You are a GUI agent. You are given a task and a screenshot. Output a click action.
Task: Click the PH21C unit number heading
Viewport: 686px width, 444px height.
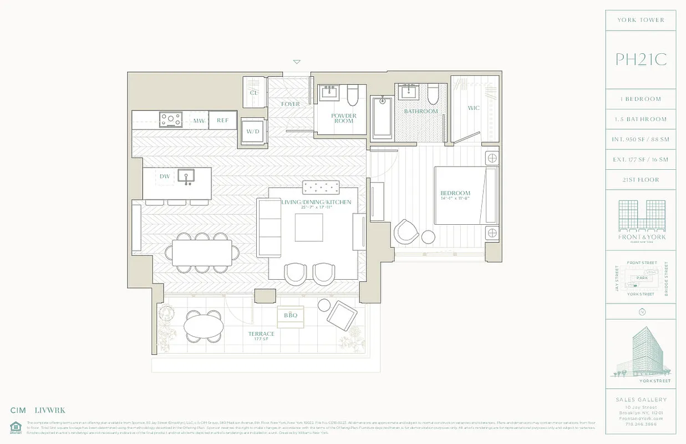641,59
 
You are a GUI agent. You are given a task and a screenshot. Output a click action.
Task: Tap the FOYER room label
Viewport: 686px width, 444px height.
290,104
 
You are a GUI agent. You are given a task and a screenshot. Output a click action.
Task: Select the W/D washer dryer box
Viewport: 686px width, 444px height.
252,132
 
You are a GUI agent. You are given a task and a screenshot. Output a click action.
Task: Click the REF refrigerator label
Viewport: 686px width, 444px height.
222,120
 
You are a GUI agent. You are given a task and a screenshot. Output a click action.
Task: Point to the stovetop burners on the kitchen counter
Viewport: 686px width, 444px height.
171,119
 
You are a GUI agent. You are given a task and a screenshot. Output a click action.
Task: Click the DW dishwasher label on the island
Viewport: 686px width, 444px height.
165,176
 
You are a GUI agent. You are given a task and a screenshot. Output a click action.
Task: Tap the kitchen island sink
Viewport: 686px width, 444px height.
186,176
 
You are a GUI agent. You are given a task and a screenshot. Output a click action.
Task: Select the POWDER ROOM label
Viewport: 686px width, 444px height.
343,119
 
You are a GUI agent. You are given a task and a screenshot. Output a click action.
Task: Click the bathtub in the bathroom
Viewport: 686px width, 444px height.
382,118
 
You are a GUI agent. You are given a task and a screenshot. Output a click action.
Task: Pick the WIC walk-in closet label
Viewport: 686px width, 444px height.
474,108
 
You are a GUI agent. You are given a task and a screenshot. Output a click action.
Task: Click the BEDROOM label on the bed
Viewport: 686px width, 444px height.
455,194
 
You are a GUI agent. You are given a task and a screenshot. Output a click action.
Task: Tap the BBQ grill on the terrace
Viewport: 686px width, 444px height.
291,315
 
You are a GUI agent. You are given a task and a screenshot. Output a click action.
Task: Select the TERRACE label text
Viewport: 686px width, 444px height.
261,334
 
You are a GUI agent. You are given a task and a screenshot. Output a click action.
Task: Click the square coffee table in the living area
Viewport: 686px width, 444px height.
309,228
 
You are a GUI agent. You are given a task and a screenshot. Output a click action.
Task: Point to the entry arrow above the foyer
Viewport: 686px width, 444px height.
297,62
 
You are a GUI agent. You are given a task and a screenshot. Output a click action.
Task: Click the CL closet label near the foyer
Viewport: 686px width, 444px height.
253,93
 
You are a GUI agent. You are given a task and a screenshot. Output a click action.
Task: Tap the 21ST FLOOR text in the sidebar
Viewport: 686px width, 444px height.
641,180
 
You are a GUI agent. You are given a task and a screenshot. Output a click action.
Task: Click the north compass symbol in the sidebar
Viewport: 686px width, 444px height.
642,311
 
